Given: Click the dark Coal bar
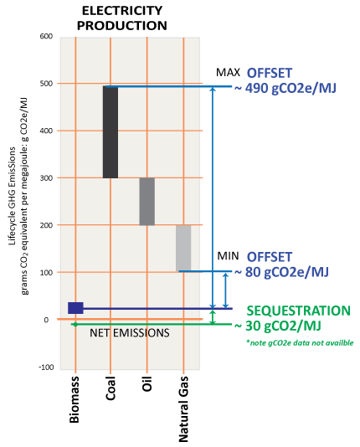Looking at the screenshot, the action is (x=111, y=132).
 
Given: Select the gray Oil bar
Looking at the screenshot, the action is (x=147, y=202).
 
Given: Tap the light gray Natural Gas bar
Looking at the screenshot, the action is (x=183, y=249).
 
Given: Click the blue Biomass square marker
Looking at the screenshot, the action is (x=75, y=308).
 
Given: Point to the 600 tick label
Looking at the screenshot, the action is (x=46, y=36).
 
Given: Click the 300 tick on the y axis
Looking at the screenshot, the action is (x=46, y=178).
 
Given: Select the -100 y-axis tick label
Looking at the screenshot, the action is (x=46, y=367).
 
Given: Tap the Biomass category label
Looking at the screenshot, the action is (x=75, y=399).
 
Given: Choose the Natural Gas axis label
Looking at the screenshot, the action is (x=183, y=409).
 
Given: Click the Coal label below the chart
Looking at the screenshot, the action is (x=111, y=388).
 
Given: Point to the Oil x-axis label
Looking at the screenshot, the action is (x=147, y=383).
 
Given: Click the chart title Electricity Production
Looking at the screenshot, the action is (x=122, y=18).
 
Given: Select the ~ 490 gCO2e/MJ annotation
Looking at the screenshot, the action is (x=285, y=88).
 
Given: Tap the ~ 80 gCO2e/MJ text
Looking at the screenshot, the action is (x=281, y=272).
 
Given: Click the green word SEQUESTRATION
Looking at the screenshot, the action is (x=298, y=311).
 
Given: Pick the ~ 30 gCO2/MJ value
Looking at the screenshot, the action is (x=278, y=326).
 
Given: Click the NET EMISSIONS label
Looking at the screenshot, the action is (x=130, y=333).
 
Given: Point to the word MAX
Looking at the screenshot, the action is (x=228, y=73).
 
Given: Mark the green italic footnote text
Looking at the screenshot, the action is (x=301, y=342).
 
